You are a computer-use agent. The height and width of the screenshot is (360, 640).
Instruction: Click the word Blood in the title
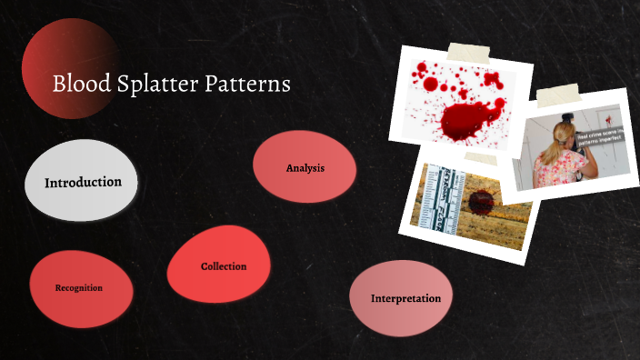(75, 85)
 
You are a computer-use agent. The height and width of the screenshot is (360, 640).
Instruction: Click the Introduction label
(83, 182)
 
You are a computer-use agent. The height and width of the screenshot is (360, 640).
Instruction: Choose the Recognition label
(78, 288)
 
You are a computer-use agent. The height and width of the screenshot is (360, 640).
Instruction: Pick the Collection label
(224, 266)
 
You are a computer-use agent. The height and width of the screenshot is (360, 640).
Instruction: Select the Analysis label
(305, 168)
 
